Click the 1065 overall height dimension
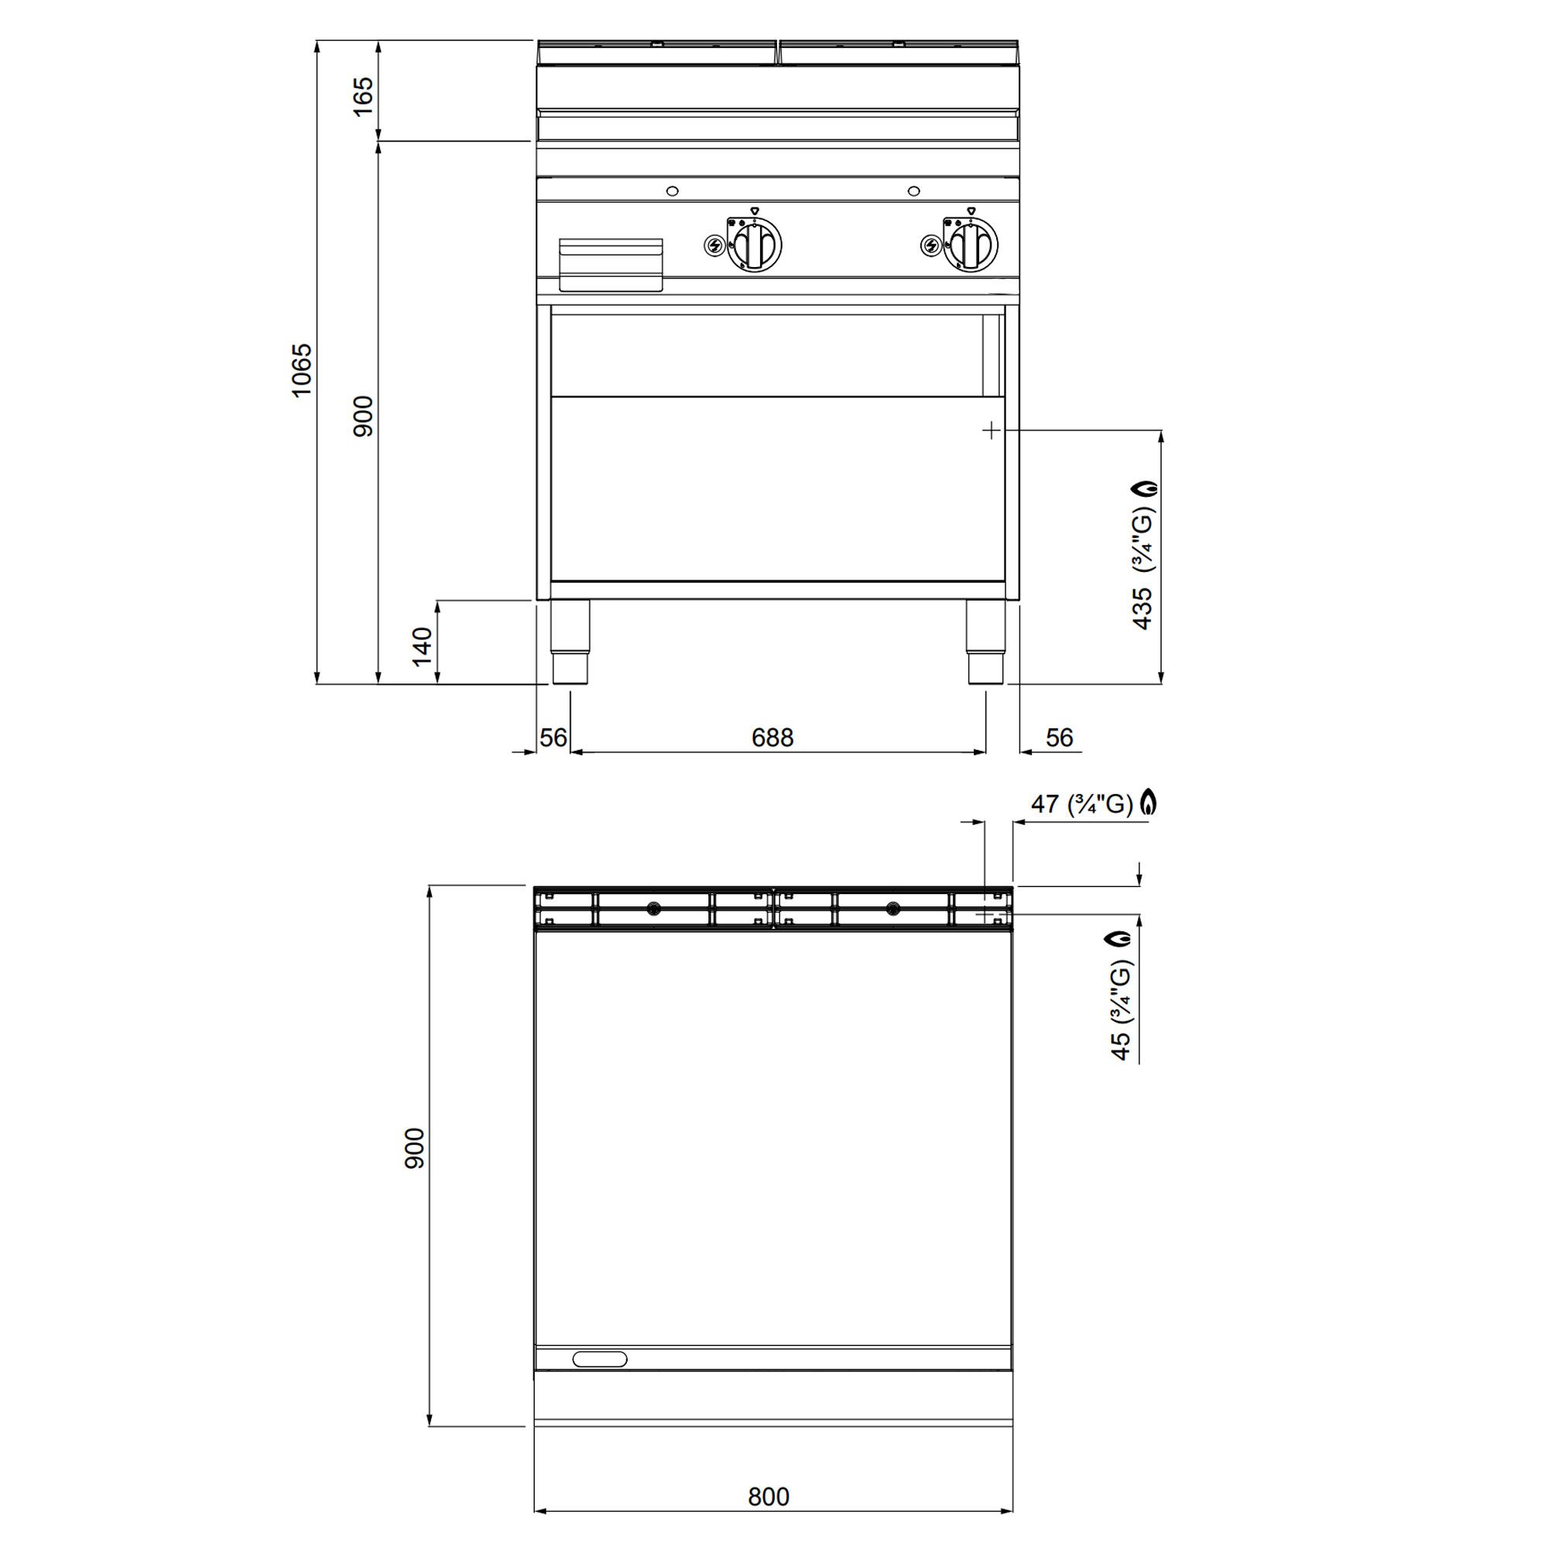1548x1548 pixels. pos(301,370)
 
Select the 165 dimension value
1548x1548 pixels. pos(363,96)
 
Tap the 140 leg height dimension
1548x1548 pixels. pos(423,646)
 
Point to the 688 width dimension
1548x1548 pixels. pos(772,737)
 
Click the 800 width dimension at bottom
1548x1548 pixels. pos(769,1496)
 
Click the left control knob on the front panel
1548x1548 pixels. pos(753,245)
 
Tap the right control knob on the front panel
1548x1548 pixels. pos(971,245)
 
